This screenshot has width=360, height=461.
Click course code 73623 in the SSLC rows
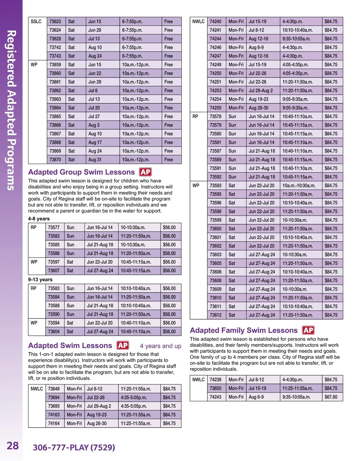click(55, 22)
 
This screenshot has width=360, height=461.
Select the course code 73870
click(55, 160)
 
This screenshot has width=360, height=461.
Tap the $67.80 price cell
click(331, 397)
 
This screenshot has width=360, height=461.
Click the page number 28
click(13, 446)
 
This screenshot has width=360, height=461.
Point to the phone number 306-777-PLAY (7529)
click(74, 448)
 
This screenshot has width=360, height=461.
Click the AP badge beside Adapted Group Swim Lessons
click(145, 172)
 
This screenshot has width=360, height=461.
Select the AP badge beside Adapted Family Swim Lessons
click(308, 330)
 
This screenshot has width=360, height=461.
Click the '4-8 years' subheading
click(39, 219)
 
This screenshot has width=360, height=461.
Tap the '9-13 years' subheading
click(40, 280)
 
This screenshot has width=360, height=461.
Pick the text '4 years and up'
click(160, 346)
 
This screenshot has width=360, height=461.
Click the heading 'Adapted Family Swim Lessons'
click(244, 330)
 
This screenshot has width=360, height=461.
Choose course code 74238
click(215, 380)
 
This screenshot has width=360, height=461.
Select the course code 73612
click(215, 315)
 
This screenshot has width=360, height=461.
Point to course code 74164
click(54, 424)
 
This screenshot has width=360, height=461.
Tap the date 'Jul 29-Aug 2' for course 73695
click(99, 406)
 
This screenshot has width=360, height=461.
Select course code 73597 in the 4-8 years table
click(54, 262)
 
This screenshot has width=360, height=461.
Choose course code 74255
click(215, 108)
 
